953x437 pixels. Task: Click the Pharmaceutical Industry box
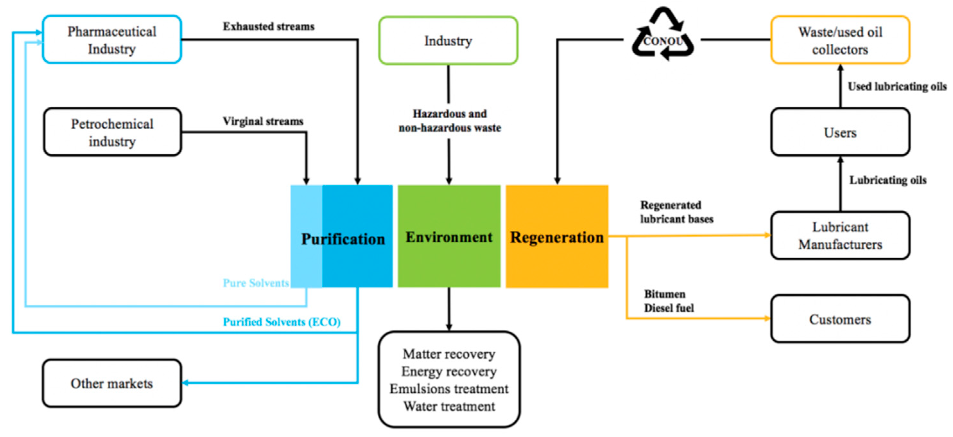(112, 40)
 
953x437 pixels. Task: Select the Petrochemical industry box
(112, 132)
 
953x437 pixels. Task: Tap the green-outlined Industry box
(448, 40)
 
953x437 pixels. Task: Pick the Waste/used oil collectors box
(840, 40)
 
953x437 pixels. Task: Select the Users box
(840, 132)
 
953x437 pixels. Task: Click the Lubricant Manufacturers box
(840, 235)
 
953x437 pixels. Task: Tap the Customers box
(840, 319)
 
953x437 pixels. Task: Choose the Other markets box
(112, 383)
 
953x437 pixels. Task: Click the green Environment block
(449, 259)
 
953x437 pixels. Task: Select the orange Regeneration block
(557, 259)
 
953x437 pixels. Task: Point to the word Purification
(343, 239)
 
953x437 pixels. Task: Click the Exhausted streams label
(269, 26)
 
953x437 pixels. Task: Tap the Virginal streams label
(263, 121)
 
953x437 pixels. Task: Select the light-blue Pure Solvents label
(256, 283)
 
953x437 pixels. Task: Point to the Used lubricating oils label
(897, 86)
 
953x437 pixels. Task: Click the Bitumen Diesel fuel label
(668, 301)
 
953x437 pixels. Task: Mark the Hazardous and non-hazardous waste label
(450, 120)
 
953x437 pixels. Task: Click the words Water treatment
(449, 406)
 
